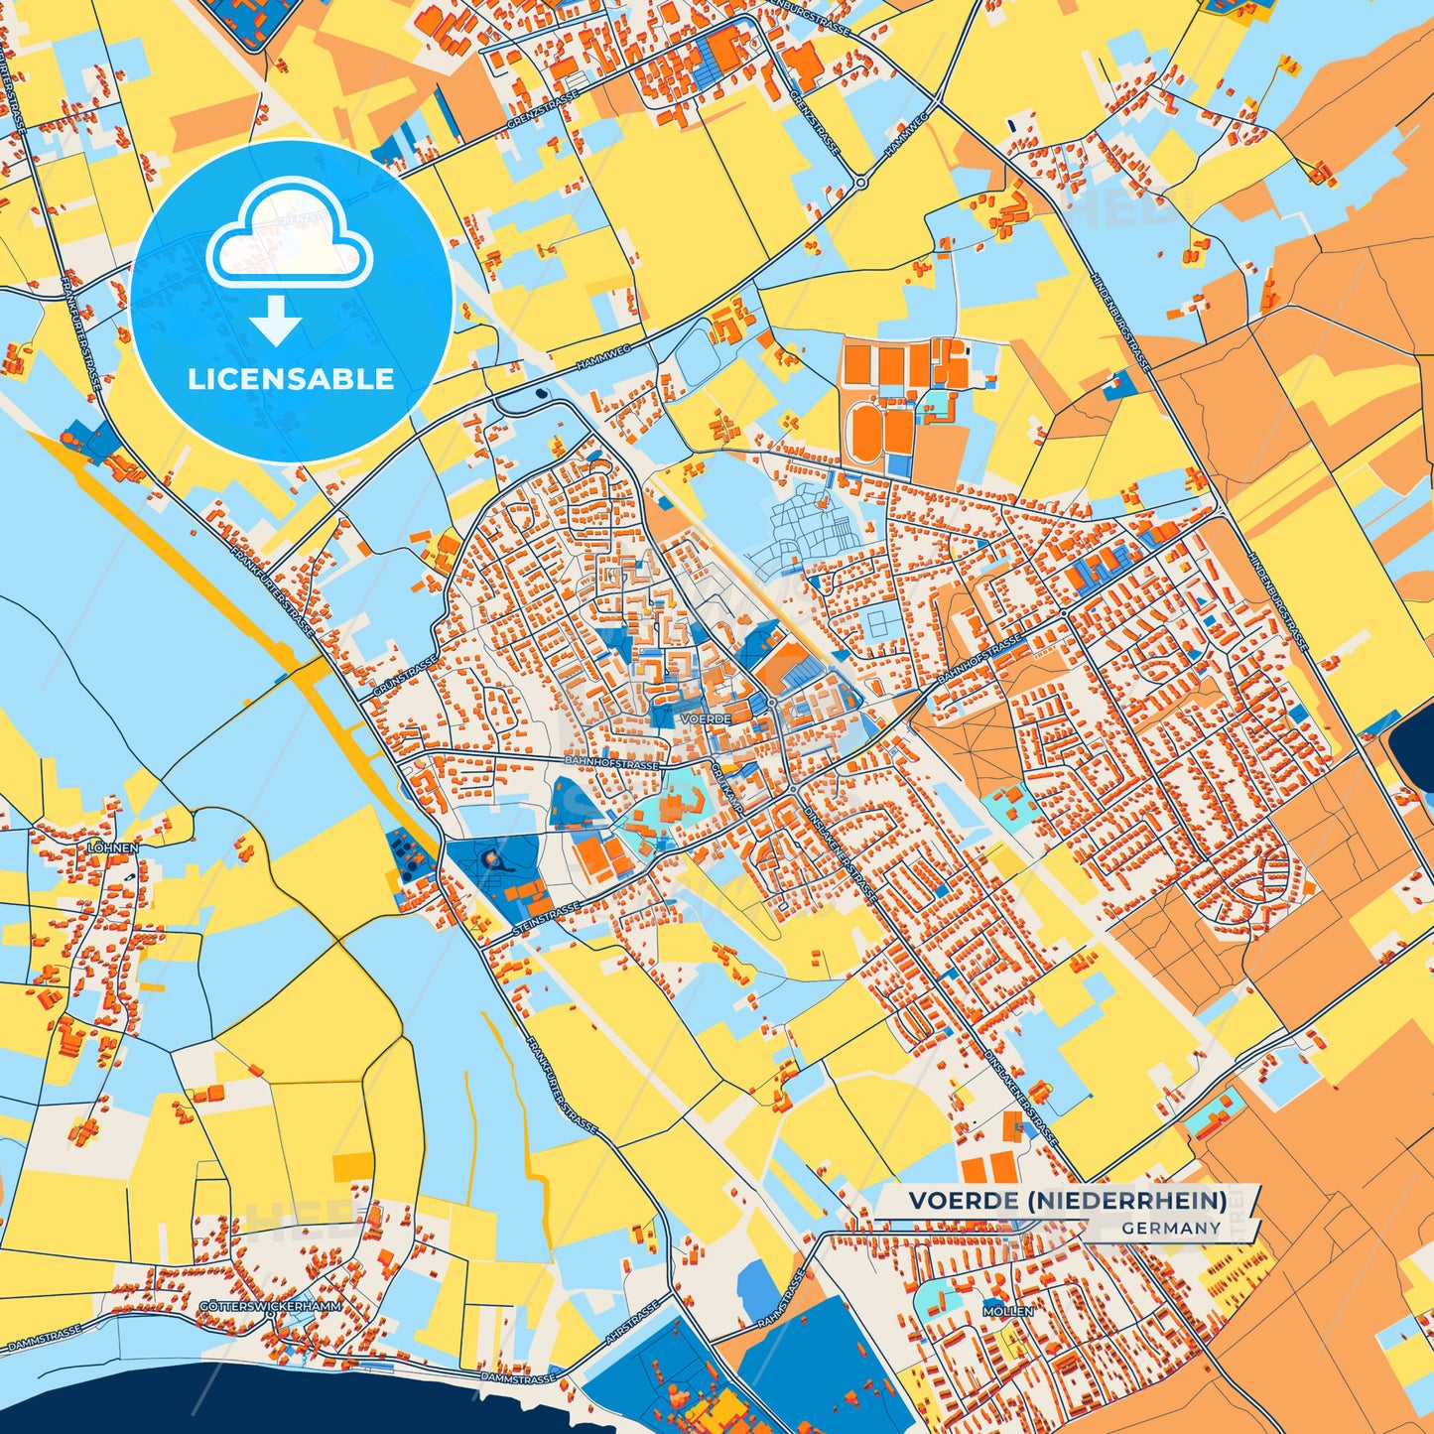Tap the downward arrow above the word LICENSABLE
click(276, 322)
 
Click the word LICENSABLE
click(291, 379)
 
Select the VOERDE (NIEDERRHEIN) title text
click(1067, 1201)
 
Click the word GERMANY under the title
click(1171, 1229)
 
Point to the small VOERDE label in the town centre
click(707, 717)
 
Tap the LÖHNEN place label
click(112, 848)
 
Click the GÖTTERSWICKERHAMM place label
click(270, 1306)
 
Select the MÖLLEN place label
click(1007, 1311)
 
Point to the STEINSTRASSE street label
click(547, 910)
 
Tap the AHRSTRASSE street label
click(632, 1322)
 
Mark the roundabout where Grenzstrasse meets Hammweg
click(861, 183)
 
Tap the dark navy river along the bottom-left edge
click(149, 1404)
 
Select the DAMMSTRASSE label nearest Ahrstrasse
click(516, 1378)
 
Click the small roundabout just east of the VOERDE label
click(771, 702)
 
